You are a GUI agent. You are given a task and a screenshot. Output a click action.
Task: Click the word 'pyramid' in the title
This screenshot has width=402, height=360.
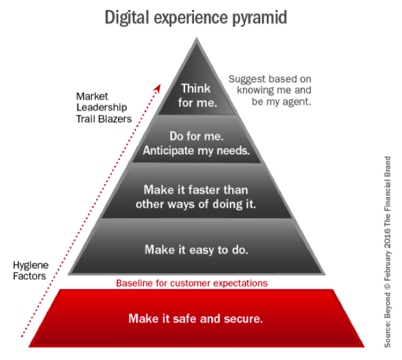click(260, 18)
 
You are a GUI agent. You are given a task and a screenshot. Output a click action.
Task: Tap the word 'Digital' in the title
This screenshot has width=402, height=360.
click(126, 17)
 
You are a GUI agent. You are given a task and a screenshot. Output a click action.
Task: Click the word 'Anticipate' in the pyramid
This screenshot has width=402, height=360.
click(168, 150)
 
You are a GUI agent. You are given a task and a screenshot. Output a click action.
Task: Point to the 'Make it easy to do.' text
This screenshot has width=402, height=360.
click(197, 250)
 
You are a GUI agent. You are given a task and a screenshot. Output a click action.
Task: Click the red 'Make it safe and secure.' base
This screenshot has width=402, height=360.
click(197, 319)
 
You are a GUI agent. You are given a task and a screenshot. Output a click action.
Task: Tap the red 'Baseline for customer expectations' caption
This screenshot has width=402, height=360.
click(192, 283)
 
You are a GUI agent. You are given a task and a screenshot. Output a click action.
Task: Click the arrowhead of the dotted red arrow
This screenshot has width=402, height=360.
click(157, 88)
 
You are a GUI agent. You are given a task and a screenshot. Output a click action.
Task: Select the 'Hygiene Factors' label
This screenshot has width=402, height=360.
click(31, 271)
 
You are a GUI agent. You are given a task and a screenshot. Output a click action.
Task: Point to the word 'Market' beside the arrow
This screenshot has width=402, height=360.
click(92, 96)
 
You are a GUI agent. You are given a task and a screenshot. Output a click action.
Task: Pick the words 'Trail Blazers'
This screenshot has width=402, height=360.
click(104, 119)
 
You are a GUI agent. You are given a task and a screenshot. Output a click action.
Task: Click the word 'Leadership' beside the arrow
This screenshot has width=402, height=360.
click(101, 107)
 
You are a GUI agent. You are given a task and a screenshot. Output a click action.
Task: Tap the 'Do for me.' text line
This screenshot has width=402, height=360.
click(197, 136)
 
